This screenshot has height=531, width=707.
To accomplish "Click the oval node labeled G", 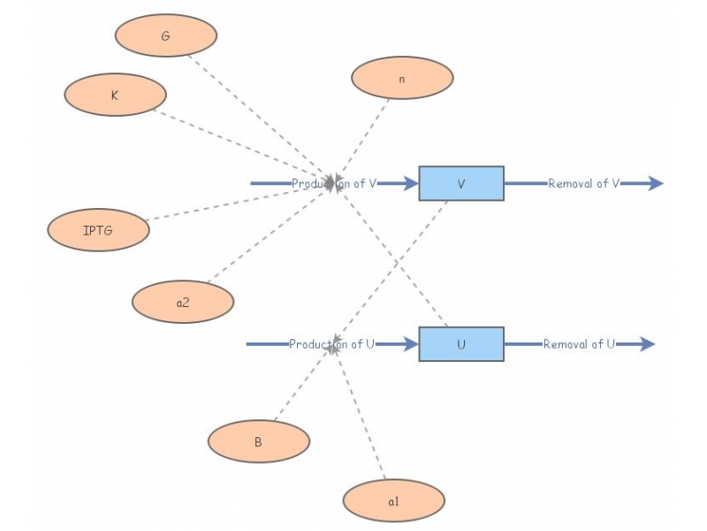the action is point(166,35).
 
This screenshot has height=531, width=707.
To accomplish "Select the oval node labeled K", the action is point(116,95).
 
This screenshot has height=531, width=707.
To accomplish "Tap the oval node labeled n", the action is point(402,78).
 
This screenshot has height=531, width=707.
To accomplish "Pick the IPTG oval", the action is point(98,230).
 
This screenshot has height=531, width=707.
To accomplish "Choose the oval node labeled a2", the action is point(183,302).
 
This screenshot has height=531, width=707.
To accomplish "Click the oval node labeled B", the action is point(259,441).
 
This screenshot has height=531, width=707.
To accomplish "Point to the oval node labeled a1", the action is point(393,501).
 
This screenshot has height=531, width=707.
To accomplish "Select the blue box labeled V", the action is point(461,183).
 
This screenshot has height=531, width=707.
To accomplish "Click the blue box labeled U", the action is point(461,344).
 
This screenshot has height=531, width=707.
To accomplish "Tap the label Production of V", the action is point(334,183).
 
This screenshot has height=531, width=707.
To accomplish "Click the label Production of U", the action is point(332,344).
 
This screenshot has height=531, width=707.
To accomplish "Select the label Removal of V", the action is point(584,183).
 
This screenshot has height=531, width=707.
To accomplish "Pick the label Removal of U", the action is point(579,344).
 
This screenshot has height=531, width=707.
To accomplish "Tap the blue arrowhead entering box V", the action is point(411,183).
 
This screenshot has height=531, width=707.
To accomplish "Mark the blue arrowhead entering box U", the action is point(411,344).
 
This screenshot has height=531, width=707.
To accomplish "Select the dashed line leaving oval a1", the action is point(360,415).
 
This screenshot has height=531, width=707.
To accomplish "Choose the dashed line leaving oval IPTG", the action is point(238,202).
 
